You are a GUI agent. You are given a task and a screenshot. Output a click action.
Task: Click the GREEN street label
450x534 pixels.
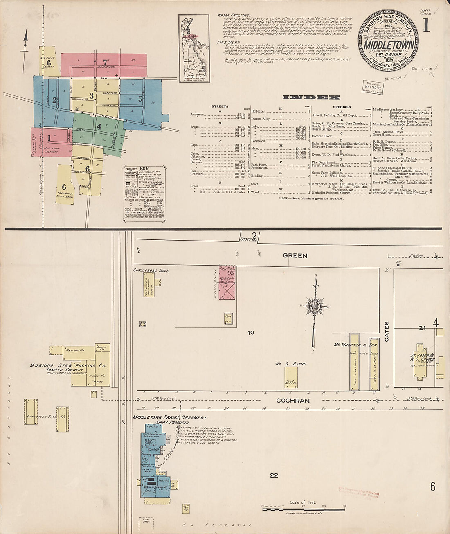[x=295, y=256]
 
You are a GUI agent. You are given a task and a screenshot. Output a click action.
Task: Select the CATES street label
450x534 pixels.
[x=387, y=331]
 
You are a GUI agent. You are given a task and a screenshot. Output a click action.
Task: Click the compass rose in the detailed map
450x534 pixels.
[x=315, y=307]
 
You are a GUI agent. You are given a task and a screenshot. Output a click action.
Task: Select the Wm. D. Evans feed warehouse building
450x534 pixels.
[x=291, y=377]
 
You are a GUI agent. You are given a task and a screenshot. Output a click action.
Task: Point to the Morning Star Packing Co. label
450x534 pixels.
[x=68, y=365]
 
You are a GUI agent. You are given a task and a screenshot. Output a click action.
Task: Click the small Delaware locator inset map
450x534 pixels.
[x=194, y=48]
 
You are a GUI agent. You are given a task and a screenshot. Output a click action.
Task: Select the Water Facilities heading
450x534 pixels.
[x=234, y=15]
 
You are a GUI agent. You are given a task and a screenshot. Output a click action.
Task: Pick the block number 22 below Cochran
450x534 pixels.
[x=274, y=475]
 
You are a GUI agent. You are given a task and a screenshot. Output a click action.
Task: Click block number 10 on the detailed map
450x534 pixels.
[x=251, y=332]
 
